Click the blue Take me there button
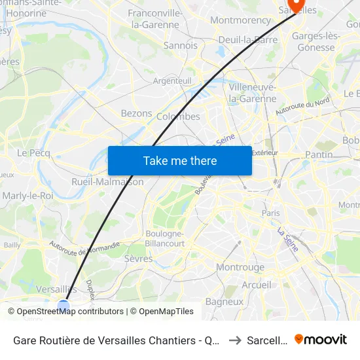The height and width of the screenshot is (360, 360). pos(179,160)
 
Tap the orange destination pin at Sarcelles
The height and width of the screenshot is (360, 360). pos(297,5)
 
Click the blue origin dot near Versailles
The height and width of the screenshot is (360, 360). pos(63,306)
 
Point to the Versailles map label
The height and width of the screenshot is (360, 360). pos(56,289)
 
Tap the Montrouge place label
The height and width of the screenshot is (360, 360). pos(240,267)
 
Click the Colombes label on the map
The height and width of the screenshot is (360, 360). pos(179,117)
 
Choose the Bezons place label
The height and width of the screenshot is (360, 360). pos(136,113)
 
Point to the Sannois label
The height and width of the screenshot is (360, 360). pos(180,46)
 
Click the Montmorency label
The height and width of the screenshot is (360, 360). pos(240,20)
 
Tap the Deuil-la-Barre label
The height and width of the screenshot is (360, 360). pos(248,39)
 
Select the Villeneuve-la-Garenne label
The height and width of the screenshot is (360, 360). pos(252,93)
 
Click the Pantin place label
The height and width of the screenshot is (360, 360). pos(319,154)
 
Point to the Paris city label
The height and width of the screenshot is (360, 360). pos(270,213)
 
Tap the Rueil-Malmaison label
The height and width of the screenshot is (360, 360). pos(107,182)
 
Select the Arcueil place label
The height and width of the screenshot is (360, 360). pos(256,285)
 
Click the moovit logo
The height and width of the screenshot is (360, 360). pos(321,339)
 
